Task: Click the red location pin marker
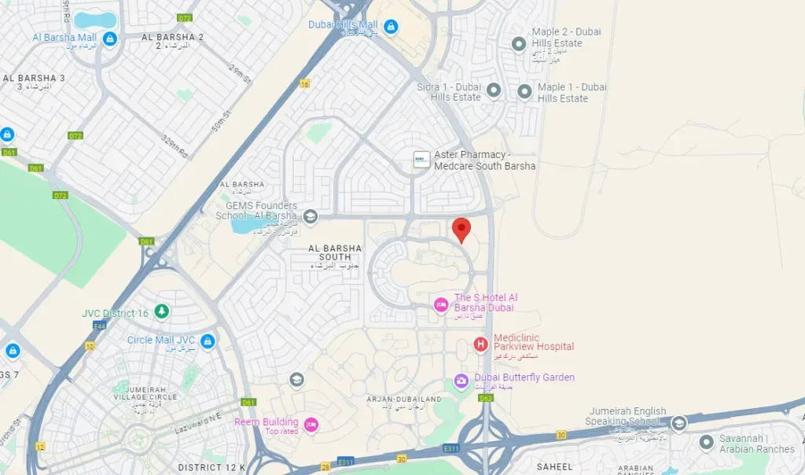(x=461, y=229)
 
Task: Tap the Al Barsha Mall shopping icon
(x=110, y=39)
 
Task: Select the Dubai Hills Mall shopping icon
(x=391, y=28)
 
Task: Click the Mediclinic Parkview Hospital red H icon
(x=480, y=344)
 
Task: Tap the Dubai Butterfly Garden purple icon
(x=461, y=381)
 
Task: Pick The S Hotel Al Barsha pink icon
(x=442, y=304)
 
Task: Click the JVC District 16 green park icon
(x=161, y=312)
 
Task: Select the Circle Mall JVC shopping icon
(x=208, y=341)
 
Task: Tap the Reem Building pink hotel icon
(x=311, y=425)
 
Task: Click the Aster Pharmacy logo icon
(x=422, y=160)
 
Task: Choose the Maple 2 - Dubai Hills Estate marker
(x=519, y=44)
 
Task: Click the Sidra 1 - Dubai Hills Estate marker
(x=494, y=91)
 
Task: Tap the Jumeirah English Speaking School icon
(x=679, y=423)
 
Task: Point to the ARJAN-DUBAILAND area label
(x=397, y=400)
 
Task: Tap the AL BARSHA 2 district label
(x=172, y=37)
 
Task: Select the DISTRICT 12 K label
(x=211, y=467)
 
